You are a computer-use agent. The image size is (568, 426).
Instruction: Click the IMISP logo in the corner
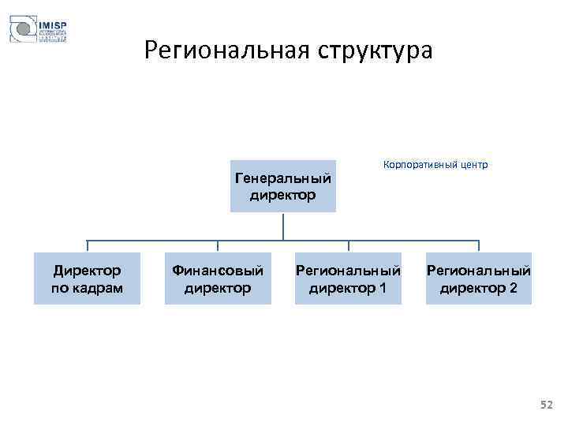pyautogui.click(x=38, y=30)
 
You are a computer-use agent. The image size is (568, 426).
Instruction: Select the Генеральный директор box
pyautogui.click(x=282, y=186)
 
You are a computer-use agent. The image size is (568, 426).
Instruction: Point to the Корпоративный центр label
pyautogui.click(x=435, y=165)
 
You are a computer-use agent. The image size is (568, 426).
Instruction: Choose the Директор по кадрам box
pyautogui.click(x=87, y=278)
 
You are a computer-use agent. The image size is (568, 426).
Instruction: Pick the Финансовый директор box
pyautogui.click(x=218, y=278)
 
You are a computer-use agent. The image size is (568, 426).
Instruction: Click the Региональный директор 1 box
pyautogui.click(x=348, y=278)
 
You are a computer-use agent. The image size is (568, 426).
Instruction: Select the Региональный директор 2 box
pyautogui.click(x=479, y=278)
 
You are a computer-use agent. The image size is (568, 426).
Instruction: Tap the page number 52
pyautogui.click(x=547, y=405)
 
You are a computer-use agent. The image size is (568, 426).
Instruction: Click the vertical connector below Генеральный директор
pyautogui.click(x=282, y=226)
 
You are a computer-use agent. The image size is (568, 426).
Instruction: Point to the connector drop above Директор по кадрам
pyautogui.click(x=87, y=246)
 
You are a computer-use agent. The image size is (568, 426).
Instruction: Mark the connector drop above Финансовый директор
pyautogui.click(x=218, y=246)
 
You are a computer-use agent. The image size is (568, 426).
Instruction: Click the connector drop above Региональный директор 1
pyautogui.click(x=348, y=246)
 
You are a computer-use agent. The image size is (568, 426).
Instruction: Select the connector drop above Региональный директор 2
pyautogui.click(x=479, y=246)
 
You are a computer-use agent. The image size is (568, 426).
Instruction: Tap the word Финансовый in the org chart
pyautogui.click(x=218, y=270)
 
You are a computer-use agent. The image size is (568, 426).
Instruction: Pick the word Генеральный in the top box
pyautogui.click(x=282, y=177)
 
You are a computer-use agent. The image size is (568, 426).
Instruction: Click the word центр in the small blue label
pyautogui.click(x=470, y=165)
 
